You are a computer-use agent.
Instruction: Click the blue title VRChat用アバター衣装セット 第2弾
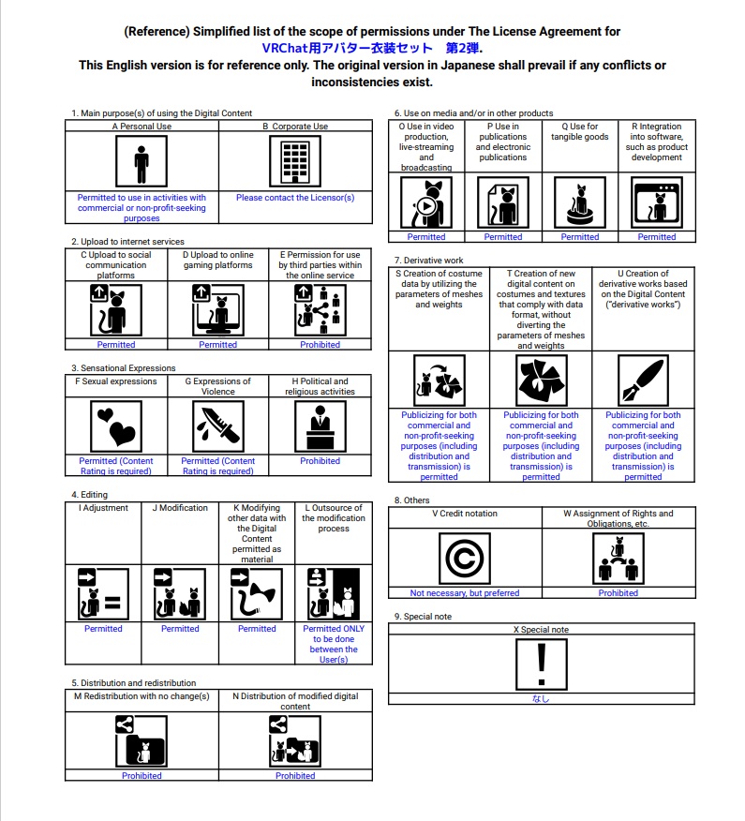click(372, 48)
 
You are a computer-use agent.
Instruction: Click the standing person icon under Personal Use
click(142, 162)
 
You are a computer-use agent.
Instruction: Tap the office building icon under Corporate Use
click(295, 162)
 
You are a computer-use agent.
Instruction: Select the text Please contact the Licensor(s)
click(295, 198)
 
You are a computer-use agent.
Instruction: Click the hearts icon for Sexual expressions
click(116, 426)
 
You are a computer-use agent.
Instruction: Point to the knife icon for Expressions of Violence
click(218, 426)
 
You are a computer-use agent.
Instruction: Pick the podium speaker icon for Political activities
click(320, 426)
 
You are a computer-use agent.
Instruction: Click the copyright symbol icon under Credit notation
click(465, 558)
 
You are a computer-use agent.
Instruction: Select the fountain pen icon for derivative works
click(643, 380)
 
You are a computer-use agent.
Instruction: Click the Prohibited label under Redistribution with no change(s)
click(142, 776)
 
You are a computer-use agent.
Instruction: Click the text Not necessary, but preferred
click(465, 593)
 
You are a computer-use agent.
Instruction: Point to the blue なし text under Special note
click(541, 698)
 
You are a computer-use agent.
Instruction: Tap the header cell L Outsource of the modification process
click(334, 518)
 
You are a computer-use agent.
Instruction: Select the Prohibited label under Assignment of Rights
click(618, 593)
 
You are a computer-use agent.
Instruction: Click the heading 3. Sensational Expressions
click(124, 368)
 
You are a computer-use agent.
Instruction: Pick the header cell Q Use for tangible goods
click(579, 132)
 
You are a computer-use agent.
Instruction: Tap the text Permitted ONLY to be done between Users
click(334, 644)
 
